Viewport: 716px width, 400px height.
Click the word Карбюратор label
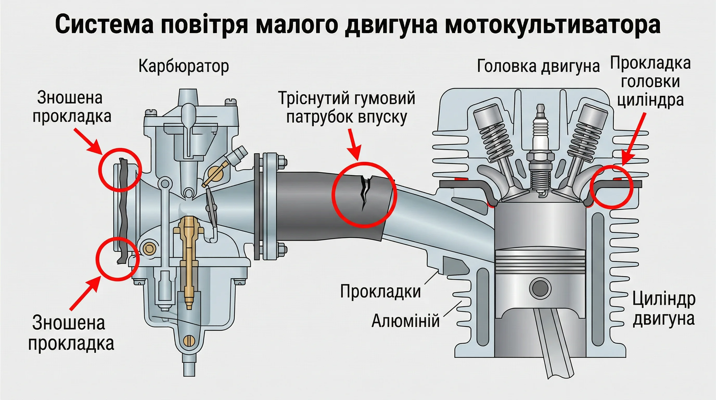click(184, 66)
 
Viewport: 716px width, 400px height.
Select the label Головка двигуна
click(538, 66)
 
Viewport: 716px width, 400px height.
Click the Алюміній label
click(406, 321)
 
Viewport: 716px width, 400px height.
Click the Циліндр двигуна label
click(664, 309)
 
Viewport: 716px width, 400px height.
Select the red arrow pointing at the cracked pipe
click(355, 145)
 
